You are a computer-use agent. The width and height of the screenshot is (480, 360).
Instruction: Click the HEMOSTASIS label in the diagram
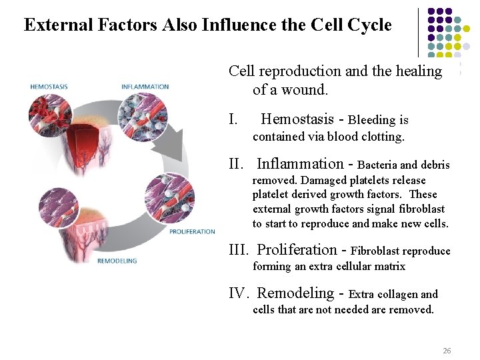point(49,87)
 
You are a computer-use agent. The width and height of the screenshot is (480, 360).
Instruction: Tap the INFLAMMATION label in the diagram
point(145,87)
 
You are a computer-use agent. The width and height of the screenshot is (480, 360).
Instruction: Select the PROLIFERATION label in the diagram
point(192,231)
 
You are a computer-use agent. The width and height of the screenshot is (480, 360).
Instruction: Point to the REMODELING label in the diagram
point(117,261)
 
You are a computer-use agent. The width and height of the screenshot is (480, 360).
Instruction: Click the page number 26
point(447,351)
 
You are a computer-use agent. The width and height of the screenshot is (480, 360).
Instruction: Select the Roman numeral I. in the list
point(233,120)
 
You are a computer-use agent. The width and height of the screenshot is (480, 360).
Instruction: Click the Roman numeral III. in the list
point(239,250)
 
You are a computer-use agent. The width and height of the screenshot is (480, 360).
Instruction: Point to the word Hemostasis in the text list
point(297,119)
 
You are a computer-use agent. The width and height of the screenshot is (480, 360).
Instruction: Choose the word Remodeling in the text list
point(295,293)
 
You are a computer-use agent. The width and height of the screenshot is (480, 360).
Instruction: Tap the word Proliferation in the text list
point(297,250)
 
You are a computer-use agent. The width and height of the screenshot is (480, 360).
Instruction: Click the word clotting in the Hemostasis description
point(379,137)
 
